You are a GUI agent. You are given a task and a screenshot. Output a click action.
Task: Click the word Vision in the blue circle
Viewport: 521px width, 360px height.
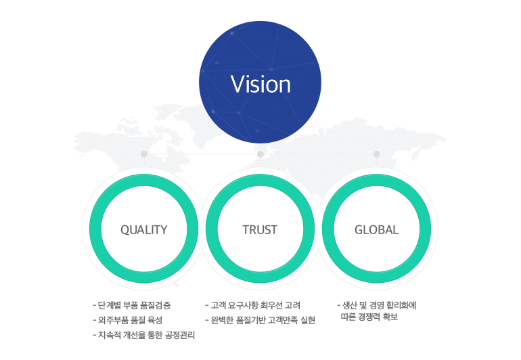tap(260, 85)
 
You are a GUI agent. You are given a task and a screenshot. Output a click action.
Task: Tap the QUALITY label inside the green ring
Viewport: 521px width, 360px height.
tap(143, 229)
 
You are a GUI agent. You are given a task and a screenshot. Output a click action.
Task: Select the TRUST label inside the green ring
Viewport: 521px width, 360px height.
tap(260, 229)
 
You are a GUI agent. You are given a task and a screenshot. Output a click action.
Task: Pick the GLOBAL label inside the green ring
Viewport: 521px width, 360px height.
tap(376, 229)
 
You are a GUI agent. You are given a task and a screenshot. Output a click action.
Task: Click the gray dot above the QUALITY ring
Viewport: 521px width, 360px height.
tap(144, 154)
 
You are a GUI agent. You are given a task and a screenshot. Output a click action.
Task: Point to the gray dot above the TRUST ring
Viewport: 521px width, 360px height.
tap(260, 154)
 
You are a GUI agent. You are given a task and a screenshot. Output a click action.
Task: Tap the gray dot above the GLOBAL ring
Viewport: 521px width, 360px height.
tap(377, 154)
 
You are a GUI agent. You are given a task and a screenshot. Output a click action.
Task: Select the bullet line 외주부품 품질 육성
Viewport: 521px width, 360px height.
tap(130, 320)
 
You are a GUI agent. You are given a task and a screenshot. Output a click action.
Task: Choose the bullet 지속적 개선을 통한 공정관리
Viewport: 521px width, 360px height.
tap(145, 335)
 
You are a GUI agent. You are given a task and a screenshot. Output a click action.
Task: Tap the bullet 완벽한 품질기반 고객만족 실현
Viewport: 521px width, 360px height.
tap(263, 320)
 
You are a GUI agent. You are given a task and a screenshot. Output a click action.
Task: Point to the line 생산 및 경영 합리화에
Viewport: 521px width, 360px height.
tap(379, 305)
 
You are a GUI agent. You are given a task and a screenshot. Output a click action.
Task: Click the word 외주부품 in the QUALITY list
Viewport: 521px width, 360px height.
tap(112, 320)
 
